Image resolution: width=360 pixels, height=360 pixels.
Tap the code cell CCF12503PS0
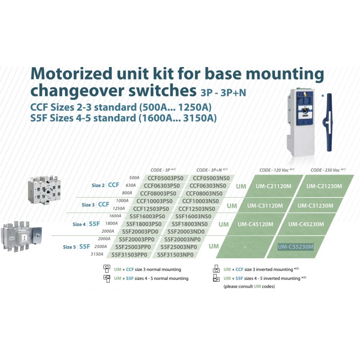click(152, 208)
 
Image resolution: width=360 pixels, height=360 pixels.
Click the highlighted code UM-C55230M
click(295, 246)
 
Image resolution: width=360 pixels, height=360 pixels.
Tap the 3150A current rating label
click(97, 254)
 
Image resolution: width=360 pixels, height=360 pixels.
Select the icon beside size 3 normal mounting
click(107, 269)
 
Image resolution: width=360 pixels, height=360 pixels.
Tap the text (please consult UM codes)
click(249, 286)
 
